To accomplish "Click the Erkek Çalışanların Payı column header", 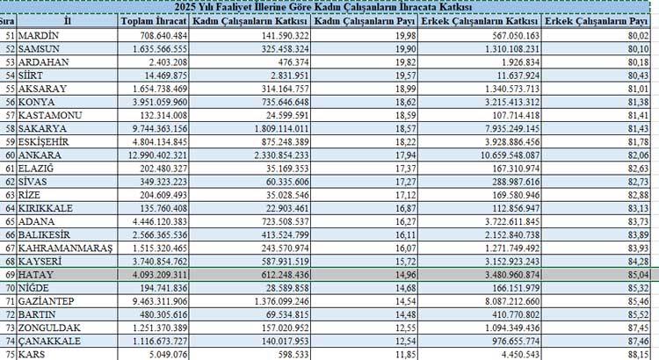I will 598,21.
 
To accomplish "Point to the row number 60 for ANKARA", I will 9,155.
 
